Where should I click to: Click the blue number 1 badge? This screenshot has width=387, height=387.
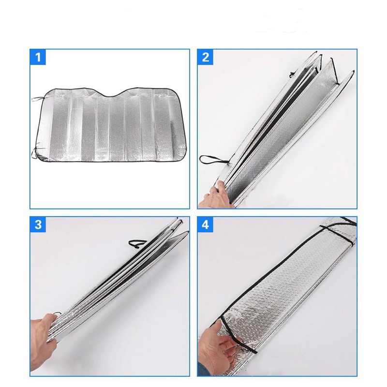pyautogui.click(x=38, y=57)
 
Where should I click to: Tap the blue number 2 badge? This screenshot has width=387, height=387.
pyautogui.click(x=205, y=57)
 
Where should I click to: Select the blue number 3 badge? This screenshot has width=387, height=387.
pyautogui.click(x=38, y=225)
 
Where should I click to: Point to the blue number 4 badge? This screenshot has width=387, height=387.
pyautogui.click(x=205, y=225)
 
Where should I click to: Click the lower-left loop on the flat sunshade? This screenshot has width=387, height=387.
pyautogui.click(x=34, y=153)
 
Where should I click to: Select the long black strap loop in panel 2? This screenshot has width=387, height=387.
pyautogui.click(x=213, y=160)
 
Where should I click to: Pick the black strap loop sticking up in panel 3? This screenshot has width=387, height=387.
pyautogui.click(x=137, y=243)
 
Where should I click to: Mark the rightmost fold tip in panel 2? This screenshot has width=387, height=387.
pyautogui.click(x=353, y=72)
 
